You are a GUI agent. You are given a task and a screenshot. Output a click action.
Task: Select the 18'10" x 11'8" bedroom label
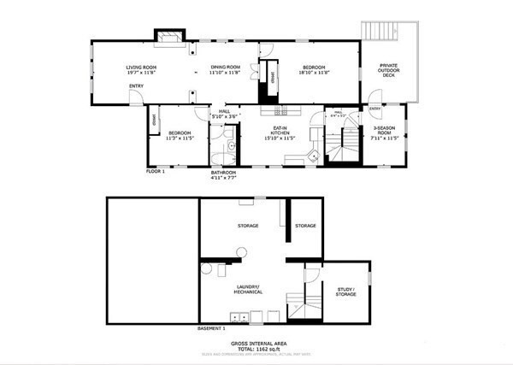tap(314, 69)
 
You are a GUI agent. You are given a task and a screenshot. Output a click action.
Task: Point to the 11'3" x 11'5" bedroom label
tap(180, 135)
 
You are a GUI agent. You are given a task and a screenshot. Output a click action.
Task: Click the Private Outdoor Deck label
tap(387, 70)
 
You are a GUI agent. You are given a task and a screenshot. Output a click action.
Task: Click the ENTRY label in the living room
tap(136, 85)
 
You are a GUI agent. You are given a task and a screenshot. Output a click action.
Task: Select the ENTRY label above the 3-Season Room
tap(374, 109)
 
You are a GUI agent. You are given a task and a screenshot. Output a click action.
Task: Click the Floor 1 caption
tap(155, 171)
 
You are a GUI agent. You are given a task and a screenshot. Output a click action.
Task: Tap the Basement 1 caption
tap(211, 327)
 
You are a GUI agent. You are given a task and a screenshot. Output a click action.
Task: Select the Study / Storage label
tap(345, 292)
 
